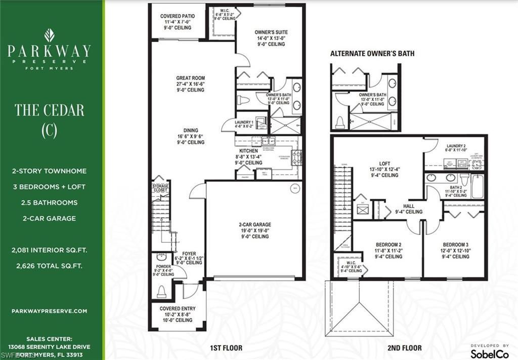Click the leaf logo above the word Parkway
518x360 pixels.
pyautogui.click(x=50, y=35)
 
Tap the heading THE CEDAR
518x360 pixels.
pyautogui.click(x=50, y=110)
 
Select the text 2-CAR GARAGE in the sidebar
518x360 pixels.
pyautogui.click(x=49, y=218)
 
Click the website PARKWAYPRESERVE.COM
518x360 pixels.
pyautogui.click(x=49, y=311)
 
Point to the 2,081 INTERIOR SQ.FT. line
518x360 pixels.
pyautogui.click(x=49, y=250)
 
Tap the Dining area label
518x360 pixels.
pyautogui.click(x=190, y=136)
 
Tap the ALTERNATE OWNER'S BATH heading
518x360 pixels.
pyautogui.click(x=372, y=53)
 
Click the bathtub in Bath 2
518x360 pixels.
pyautogui.click(x=478, y=186)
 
